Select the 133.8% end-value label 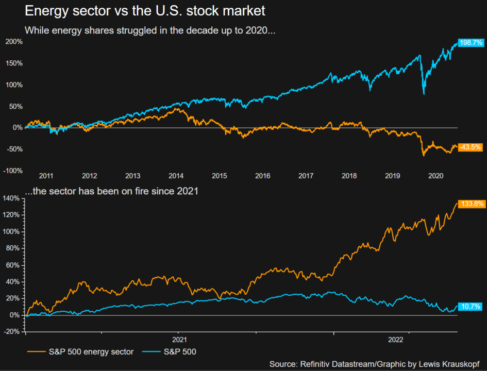point(471,204)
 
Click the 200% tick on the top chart point(13,42)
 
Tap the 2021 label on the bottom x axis point(178,340)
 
